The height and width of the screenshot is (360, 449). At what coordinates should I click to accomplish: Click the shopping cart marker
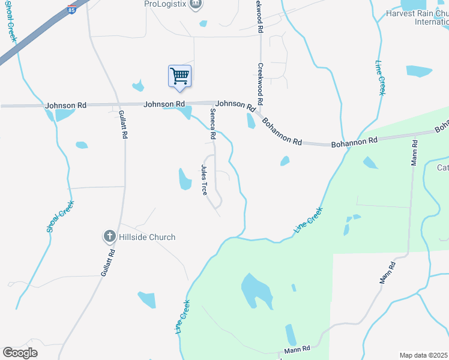(179, 77)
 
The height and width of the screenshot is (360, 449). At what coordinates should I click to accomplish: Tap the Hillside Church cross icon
(109, 236)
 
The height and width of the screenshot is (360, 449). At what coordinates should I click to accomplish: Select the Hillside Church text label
(147, 237)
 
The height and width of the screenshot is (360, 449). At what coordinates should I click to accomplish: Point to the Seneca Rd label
(212, 125)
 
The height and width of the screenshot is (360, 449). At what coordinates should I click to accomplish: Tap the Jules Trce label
(204, 179)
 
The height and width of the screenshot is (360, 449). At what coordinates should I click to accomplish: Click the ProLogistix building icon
(195, 5)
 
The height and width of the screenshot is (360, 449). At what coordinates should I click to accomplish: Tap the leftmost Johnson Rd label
(66, 105)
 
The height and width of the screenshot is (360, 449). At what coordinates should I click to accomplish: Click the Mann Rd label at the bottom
(297, 349)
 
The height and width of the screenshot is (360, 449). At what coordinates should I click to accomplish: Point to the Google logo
(20, 353)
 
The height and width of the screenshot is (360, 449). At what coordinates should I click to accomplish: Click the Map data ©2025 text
(424, 355)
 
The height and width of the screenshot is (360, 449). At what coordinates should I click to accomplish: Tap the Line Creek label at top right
(380, 78)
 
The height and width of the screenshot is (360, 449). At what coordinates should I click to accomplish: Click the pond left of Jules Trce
(185, 178)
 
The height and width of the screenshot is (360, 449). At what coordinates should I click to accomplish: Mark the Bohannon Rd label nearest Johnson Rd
(281, 131)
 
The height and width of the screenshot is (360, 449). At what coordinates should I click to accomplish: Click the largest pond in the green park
(256, 292)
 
